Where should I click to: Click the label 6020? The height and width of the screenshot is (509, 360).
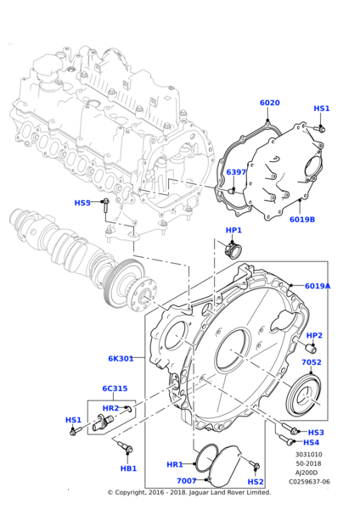point(269,103)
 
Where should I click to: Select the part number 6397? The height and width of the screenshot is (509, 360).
point(236,172)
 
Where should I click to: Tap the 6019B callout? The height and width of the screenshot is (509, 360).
point(301,219)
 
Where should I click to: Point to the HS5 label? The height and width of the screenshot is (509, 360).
point(82,203)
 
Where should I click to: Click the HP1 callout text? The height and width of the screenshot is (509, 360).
point(233,231)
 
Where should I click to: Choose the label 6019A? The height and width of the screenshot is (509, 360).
point(317,286)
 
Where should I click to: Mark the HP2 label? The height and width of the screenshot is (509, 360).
point(314,335)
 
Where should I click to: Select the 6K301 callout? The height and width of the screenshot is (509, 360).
point(121,359)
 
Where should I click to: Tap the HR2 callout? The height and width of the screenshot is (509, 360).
point(110,408)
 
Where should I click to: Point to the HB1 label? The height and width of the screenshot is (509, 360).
point(128,468)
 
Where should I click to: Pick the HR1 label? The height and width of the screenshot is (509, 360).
point(174,465)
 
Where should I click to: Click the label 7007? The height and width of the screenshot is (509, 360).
point(186,481)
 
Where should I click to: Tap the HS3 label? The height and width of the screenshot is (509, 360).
point(316,432)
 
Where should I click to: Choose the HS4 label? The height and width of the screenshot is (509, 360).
point(312,442)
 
